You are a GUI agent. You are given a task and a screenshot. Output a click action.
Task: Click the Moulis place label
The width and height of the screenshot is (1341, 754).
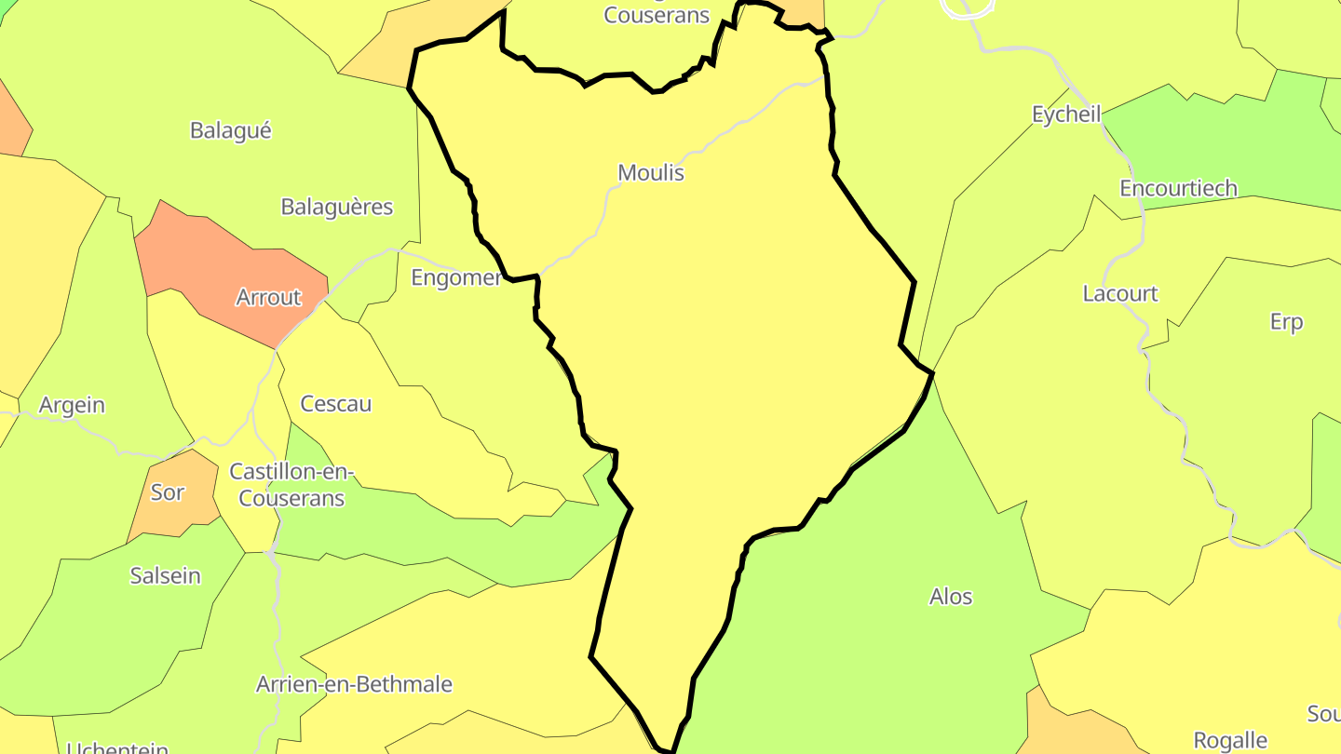coord(651,173)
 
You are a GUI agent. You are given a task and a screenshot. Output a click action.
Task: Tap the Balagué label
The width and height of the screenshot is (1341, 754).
coord(231,130)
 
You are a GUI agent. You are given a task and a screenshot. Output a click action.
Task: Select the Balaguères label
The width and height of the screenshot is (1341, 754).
coord(337,207)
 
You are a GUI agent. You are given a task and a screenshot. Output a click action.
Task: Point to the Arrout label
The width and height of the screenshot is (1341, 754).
coord(268,298)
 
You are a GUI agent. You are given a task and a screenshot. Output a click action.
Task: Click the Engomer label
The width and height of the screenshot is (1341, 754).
coord(456,277)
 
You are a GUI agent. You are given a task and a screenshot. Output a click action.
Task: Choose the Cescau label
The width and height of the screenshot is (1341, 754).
coord(335,404)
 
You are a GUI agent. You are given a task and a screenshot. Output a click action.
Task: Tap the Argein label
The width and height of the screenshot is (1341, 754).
coord(72,406)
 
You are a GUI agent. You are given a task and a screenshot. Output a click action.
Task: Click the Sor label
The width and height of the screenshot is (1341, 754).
coord(168,492)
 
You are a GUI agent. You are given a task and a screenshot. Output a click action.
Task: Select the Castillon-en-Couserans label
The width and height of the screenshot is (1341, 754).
coord(291,485)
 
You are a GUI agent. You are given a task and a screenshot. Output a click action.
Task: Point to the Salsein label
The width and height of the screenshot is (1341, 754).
coord(166,576)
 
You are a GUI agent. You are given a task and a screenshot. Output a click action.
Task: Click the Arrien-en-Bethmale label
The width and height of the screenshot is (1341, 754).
coord(354,685)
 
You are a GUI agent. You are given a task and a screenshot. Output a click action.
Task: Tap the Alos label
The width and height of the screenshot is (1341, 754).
coord(951,597)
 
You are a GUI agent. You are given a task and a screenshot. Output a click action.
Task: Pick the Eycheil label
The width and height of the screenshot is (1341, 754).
coord(1066,114)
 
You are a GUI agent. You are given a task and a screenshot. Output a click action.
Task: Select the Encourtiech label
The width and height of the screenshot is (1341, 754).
coord(1178,189)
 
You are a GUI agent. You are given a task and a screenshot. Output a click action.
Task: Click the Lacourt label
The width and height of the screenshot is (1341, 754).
coord(1120,294)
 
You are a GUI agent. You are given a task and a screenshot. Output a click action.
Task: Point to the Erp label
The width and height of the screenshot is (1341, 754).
coord(1286,322)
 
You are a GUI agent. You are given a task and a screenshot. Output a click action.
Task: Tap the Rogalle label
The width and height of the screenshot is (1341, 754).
coord(1230,741)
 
